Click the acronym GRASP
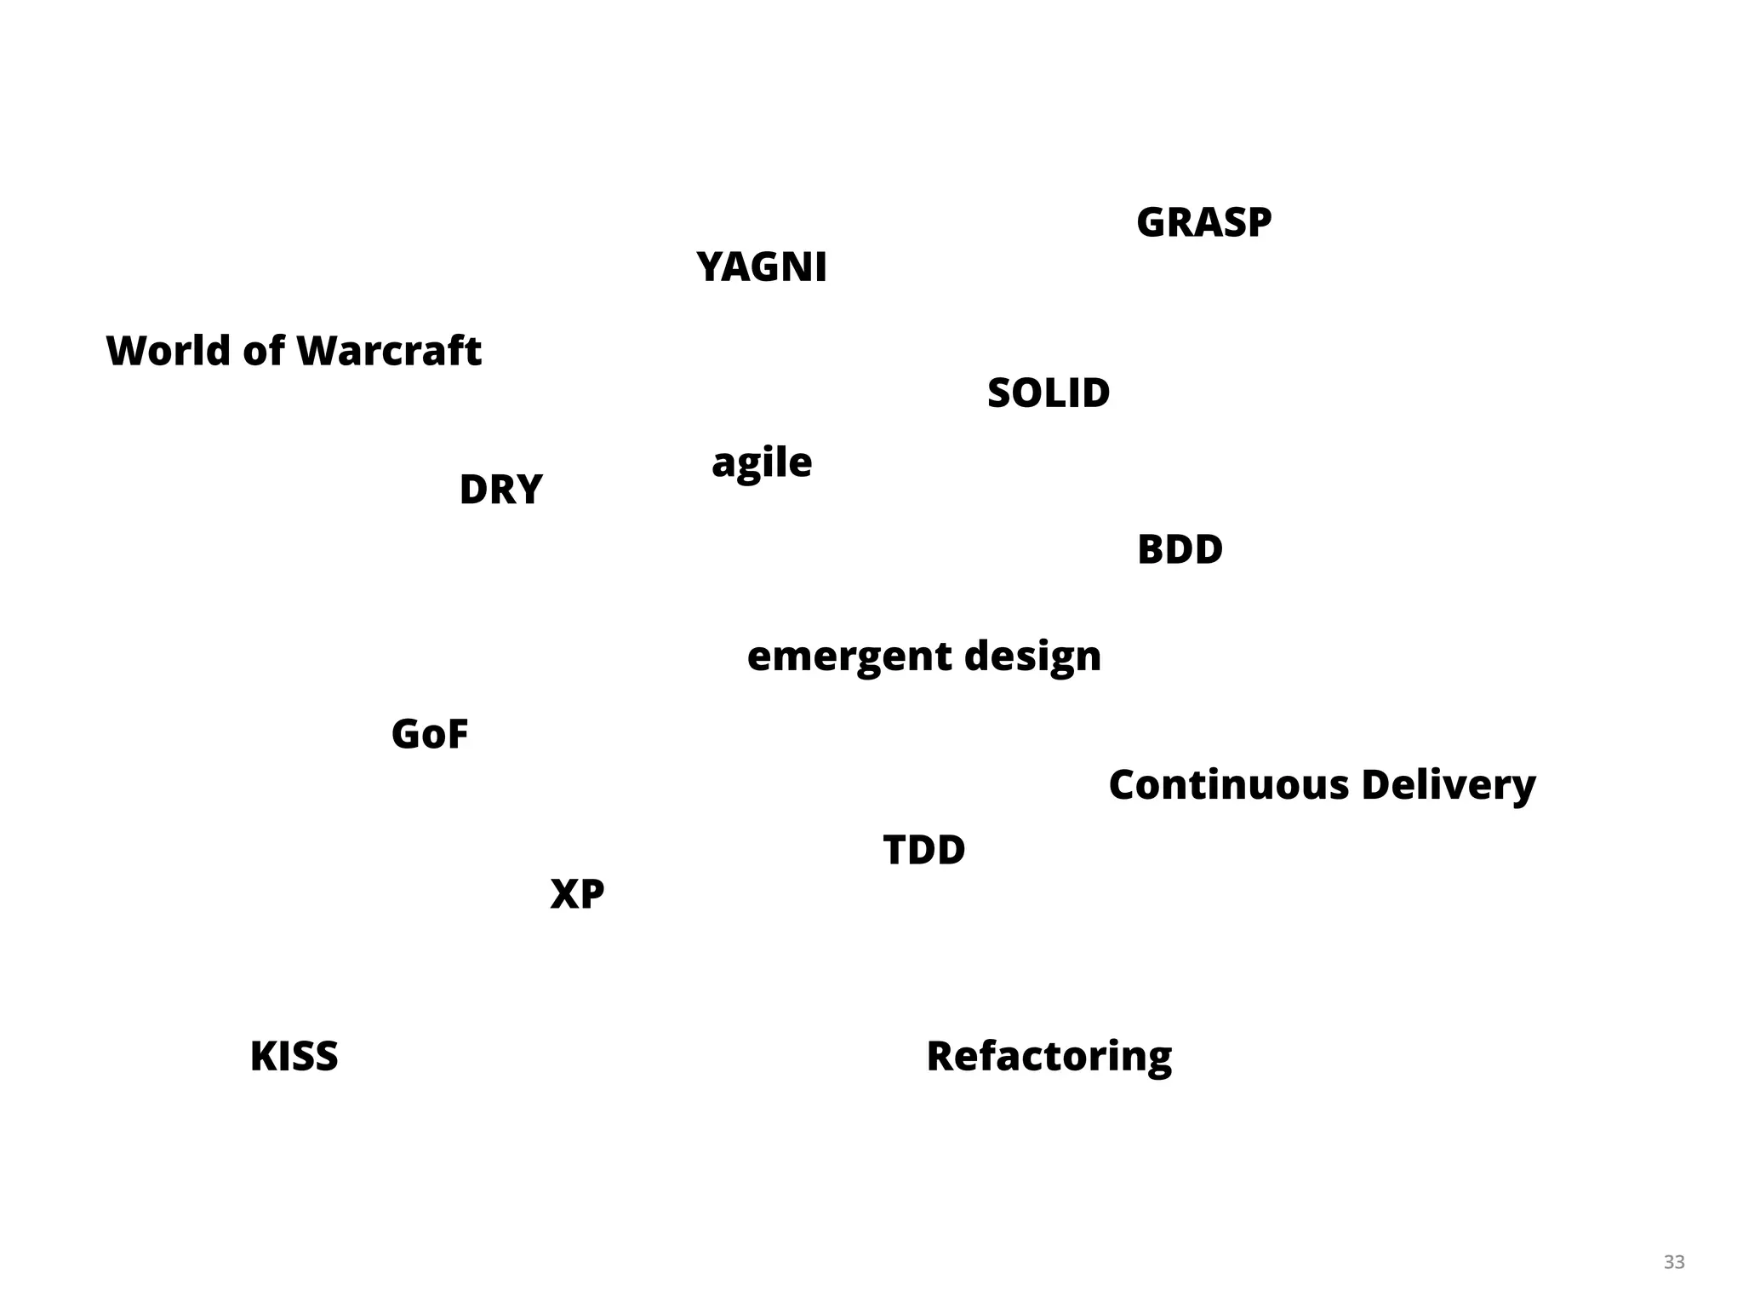tap(1203, 223)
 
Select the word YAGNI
tap(761, 267)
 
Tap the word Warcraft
tap(389, 351)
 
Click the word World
tap(168, 351)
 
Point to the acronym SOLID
tap(1049, 393)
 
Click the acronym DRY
tap(500, 490)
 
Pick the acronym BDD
tap(1180, 550)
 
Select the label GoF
tap(430, 734)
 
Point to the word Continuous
tap(1228, 784)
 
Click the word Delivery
tap(1448, 784)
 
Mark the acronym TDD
tap(924, 850)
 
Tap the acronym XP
tap(577, 894)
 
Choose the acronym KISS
tap(294, 1057)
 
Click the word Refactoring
tap(1049, 1057)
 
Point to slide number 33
tap(1674, 1262)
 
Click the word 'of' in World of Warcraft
tap(263, 351)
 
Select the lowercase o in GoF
tap(435, 737)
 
